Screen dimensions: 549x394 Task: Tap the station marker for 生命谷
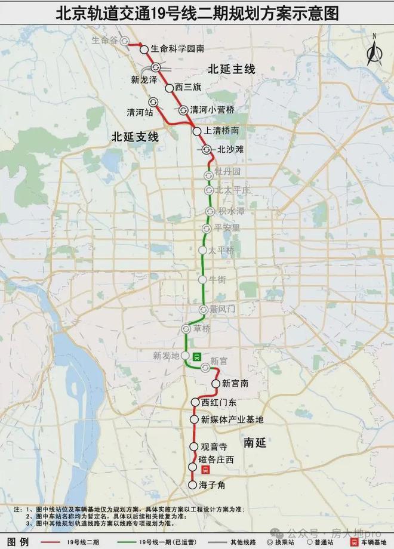[124, 41]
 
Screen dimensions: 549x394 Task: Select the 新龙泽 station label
[144, 79]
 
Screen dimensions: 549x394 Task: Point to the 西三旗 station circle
[169, 87]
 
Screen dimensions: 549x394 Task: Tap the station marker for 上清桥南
[196, 130]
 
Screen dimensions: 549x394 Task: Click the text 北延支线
[135, 137]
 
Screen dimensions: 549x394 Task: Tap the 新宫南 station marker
[216, 383]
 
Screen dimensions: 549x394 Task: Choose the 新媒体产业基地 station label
[232, 420]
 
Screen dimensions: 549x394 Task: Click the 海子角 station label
[213, 485]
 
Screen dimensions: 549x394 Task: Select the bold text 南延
[254, 443]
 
